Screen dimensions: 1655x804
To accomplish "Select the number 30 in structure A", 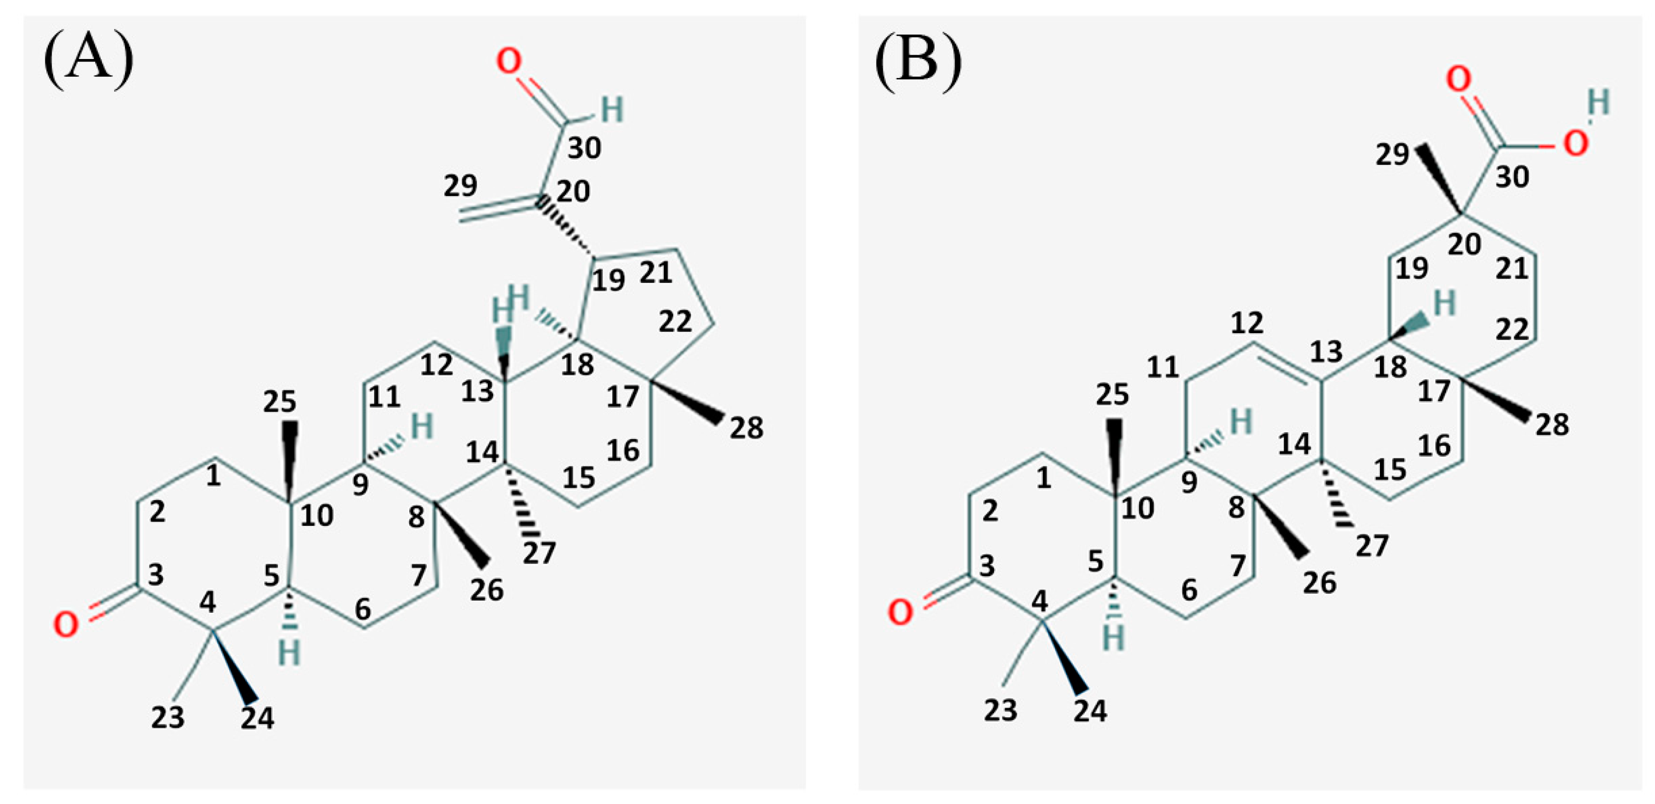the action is [584, 148].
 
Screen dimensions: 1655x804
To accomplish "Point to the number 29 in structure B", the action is [1392, 155].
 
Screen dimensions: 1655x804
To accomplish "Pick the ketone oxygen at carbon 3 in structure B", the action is [899, 612].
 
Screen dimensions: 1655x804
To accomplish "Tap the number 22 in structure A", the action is [675, 322].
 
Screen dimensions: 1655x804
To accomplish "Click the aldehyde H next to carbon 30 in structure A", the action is [612, 110].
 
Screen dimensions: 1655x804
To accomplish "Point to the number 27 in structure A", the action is [538, 553].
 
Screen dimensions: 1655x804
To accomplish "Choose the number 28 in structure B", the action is [1552, 425].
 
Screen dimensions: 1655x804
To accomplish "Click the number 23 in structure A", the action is [168, 717].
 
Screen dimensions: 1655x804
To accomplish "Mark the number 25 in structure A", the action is [279, 403].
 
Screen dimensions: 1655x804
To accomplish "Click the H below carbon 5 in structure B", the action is [1114, 639].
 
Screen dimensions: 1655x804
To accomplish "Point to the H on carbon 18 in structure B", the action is [1444, 303].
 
